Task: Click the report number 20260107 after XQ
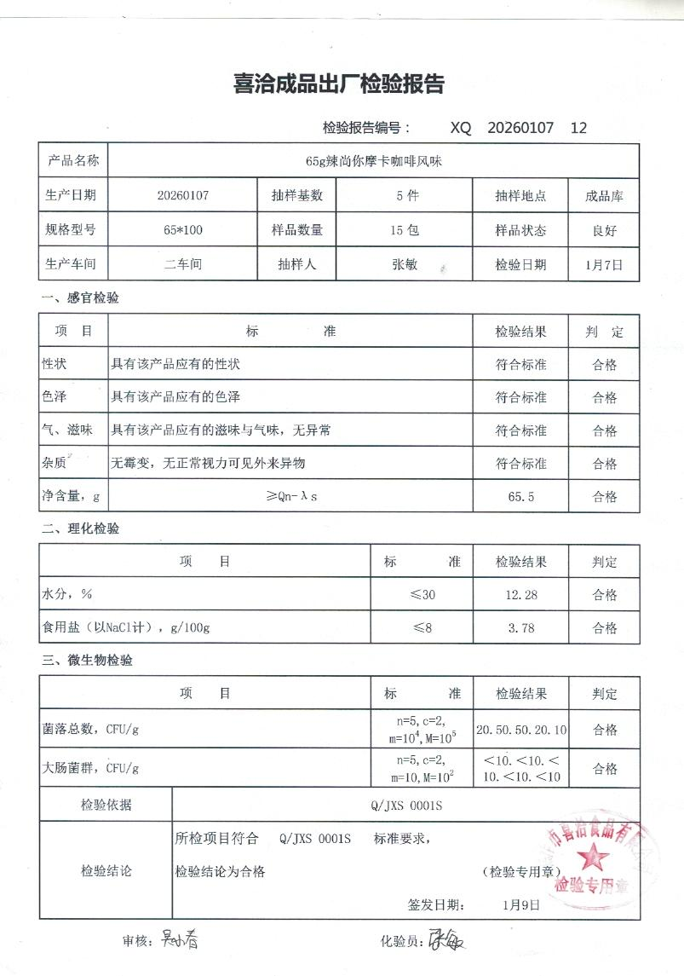[520, 128]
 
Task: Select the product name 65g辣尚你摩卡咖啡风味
[370, 160]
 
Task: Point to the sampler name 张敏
[404, 264]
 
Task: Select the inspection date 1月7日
[605, 264]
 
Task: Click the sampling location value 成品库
[605, 195]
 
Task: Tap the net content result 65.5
[520, 496]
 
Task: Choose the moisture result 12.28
[520, 594]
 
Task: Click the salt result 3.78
[520, 628]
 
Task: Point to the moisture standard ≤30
[422, 594]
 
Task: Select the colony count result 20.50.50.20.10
[520, 730]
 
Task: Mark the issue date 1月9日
[521, 904]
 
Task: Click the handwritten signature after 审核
[180, 939]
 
